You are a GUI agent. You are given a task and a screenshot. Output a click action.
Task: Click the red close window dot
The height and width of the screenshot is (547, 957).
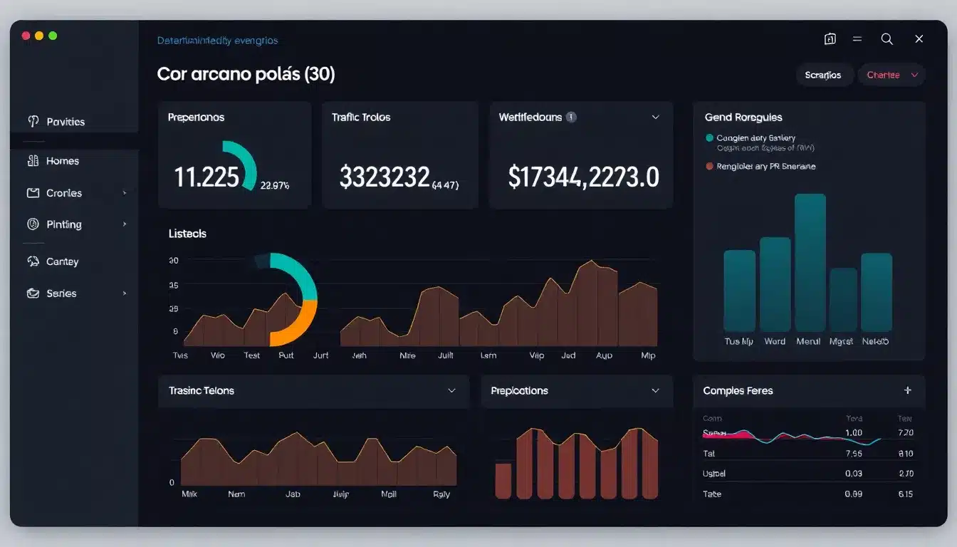[x=26, y=36]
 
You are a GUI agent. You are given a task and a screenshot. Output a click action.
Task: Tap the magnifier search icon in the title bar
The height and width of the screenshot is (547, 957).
[x=887, y=39]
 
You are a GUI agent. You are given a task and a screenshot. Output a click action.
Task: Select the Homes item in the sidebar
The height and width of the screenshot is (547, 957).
[x=62, y=161]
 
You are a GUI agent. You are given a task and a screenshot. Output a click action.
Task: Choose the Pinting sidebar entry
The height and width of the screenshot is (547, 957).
[x=63, y=224]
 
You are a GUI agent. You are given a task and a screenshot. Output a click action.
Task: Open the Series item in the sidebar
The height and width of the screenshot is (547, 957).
[x=61, y=293]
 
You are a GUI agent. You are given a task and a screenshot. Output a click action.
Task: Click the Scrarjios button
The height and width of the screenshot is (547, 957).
[x=822, y=75]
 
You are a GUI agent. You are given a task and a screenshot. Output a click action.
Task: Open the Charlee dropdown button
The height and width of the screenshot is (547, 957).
[x=891, y=75]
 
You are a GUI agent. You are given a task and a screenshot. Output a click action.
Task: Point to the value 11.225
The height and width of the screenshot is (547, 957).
[x=206, y=177]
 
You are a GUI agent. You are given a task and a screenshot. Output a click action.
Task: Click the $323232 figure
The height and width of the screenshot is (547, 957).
[x=385, y=177]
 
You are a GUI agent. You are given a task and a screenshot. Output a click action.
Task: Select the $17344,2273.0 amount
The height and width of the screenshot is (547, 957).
[x=583, y=177]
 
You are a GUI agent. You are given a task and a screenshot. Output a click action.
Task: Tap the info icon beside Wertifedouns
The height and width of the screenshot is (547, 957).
[x=571, y=117]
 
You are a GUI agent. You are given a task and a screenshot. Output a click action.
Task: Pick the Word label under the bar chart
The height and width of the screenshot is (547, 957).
[x=775, y=341]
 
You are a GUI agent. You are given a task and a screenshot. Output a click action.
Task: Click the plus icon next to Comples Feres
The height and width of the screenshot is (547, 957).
[x=907, y=390]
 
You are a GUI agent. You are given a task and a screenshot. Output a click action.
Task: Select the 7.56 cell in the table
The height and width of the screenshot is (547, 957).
[x=853, y=453]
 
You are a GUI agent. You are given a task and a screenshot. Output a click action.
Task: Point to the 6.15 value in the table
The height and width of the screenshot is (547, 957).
[x=906, y=494]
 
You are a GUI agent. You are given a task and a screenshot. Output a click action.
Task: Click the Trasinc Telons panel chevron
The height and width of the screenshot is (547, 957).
[x=451, y=390]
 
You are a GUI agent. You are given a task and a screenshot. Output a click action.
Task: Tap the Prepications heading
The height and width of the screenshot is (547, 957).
[x=519, y=390]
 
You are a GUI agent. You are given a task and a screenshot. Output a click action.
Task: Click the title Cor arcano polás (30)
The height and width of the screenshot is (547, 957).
[x=246, y=74]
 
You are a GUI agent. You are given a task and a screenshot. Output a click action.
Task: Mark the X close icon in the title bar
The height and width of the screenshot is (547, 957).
[x=919, y=39]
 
